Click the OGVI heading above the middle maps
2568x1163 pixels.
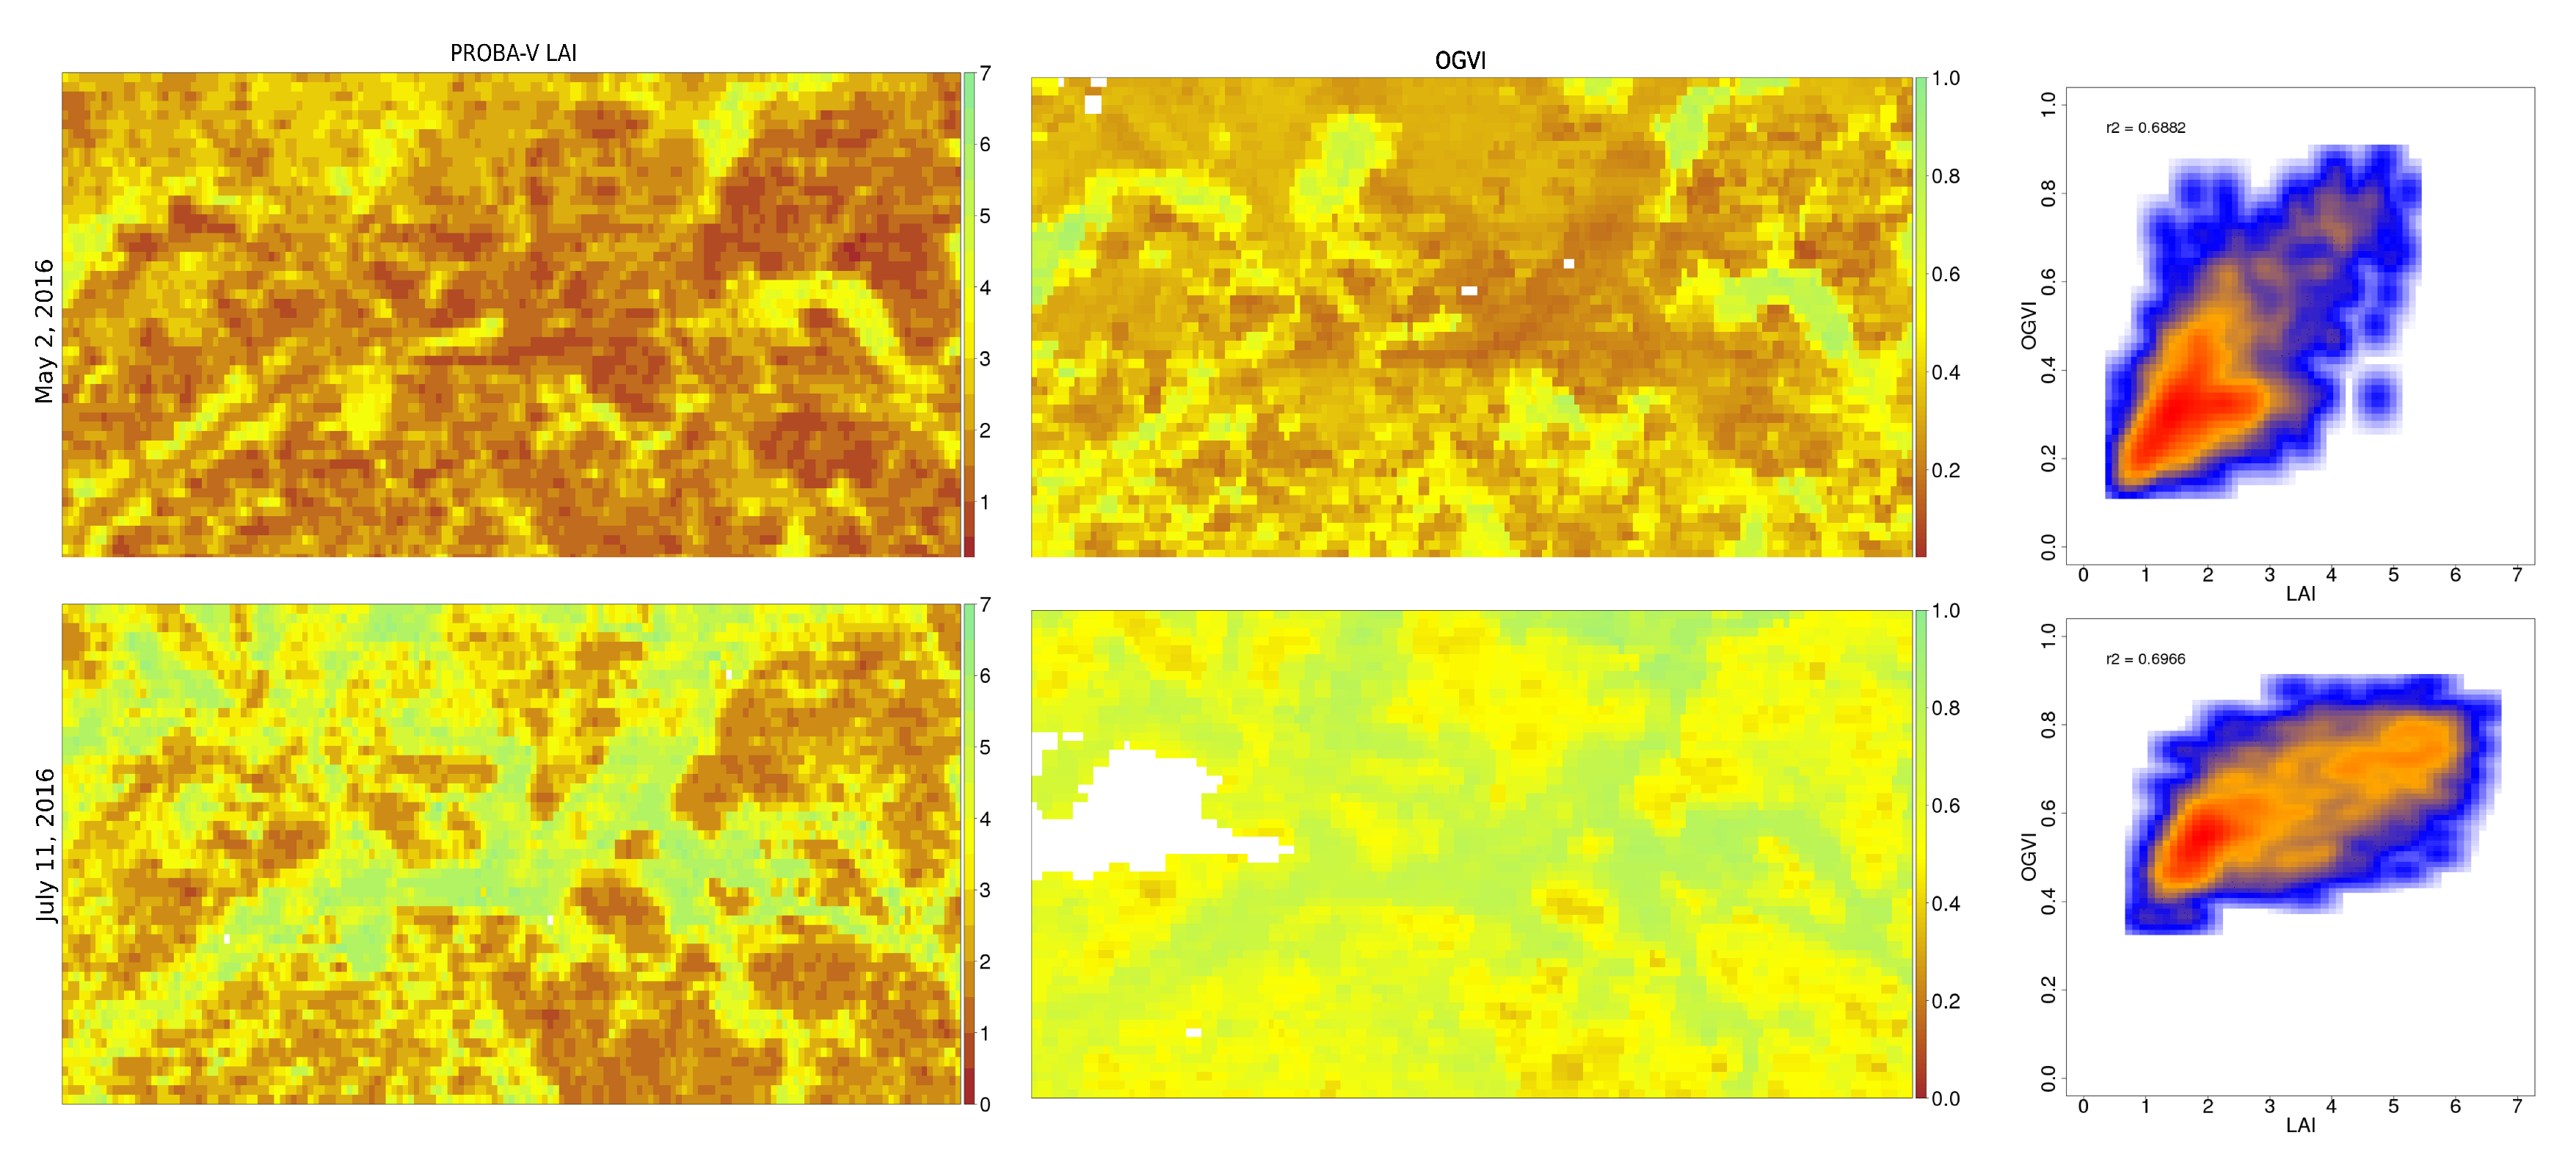coord(1460,61)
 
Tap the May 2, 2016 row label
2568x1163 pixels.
coord(44,331)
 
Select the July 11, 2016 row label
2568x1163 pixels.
coord(44,845)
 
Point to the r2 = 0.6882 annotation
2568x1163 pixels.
coord(2145,128)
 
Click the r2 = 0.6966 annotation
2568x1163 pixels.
coord(2145,659)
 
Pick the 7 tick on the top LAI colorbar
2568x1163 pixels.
coord(985,74)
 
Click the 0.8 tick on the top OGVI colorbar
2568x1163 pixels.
coord(1945,176)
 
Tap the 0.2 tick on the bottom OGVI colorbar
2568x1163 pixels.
coord(1945,1001)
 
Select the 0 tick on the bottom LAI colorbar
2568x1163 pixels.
coord(985,1104)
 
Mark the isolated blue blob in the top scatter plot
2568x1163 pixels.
coord(2379,398)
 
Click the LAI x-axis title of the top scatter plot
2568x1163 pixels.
coord(2300,595)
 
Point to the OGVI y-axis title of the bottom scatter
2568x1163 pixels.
coord(2029,856)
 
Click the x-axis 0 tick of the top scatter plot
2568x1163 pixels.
coord(2084,574)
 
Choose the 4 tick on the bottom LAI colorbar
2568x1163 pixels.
coord(985,819)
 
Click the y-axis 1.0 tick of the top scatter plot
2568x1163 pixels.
coord(2048,104)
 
